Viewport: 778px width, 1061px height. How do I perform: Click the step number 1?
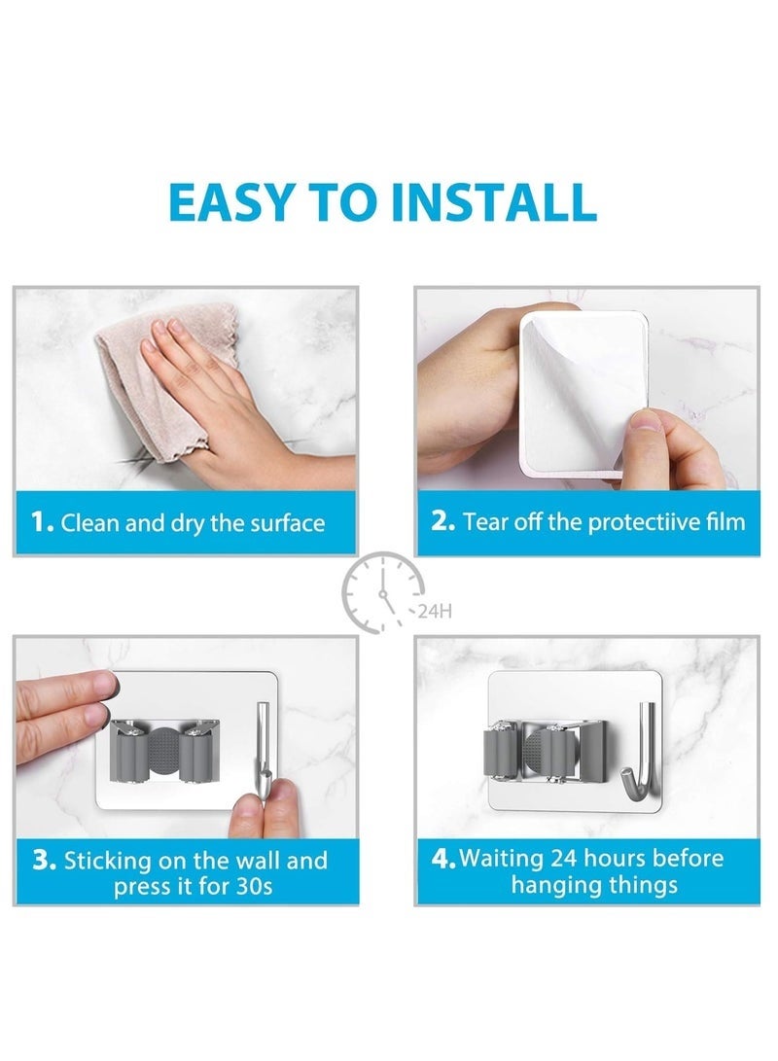(41, 522)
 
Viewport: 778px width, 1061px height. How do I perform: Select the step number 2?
(442, 521)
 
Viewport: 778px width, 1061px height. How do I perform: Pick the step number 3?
(45, 861)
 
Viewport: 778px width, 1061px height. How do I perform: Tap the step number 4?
(443, 859)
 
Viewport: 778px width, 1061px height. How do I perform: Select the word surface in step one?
(288, 523)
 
